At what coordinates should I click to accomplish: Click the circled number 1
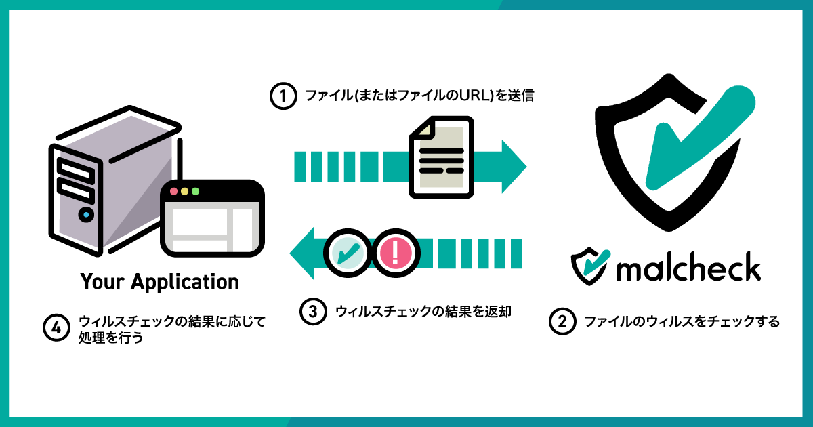[x=283, y=96]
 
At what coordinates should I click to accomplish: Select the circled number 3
[x=313, y=312]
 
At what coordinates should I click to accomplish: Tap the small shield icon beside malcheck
[x=587, y=266]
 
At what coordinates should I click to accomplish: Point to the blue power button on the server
[x=85, y=216]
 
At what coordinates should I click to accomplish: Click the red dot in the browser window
[x=173, y=191]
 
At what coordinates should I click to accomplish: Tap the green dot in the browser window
[x=195, y=191]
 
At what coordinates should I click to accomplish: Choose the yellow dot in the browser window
[x=184, y=191]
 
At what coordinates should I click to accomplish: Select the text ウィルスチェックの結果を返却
[x=422, y=312]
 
